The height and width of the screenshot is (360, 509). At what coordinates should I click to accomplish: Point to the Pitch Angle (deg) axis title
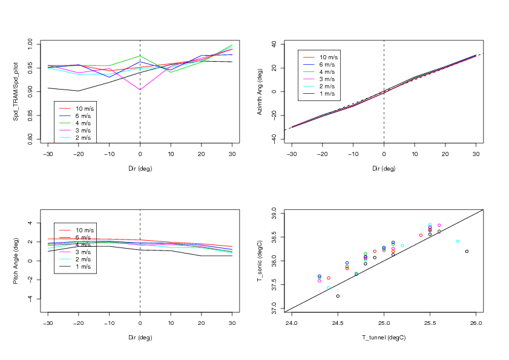16,261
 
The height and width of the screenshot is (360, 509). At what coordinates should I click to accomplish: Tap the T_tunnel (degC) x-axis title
383,337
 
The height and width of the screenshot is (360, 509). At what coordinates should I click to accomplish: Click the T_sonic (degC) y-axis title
260,261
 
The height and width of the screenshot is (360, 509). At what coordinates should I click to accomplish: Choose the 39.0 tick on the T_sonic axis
274,214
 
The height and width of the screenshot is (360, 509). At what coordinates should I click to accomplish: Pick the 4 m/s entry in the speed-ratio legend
84,123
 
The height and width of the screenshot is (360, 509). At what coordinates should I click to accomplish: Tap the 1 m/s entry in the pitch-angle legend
84,267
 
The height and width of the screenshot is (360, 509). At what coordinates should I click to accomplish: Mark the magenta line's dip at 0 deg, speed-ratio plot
140,90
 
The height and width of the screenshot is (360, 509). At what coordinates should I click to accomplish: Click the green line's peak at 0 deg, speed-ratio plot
140,56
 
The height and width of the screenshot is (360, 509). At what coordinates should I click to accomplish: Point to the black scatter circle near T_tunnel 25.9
467,251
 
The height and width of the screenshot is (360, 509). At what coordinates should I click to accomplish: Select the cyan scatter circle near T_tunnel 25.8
458,241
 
